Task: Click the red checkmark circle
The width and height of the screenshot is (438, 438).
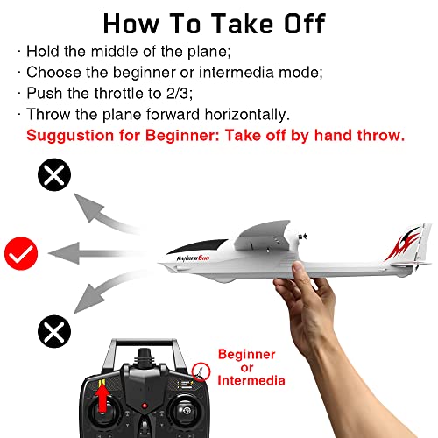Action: point(18,253)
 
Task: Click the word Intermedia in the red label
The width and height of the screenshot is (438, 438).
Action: point(254,381)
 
